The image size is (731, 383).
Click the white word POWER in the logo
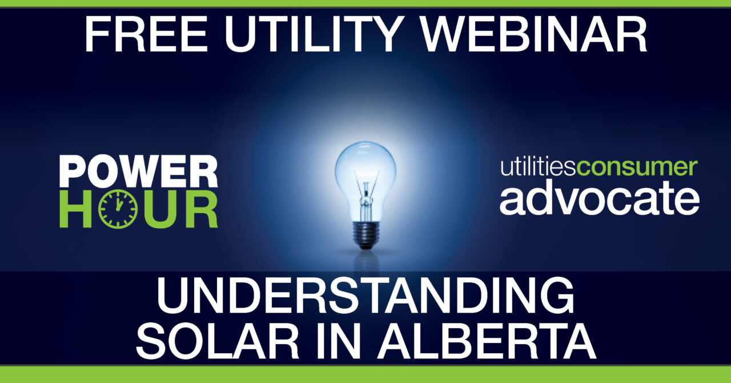(139, 172)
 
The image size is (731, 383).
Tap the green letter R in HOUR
(202, 209)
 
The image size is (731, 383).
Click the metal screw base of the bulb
(365, 235)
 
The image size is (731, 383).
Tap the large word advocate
(600, 200)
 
